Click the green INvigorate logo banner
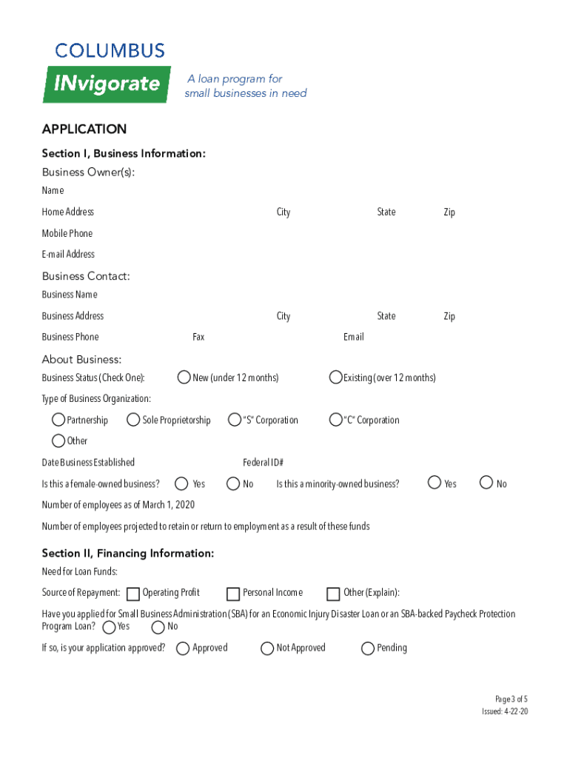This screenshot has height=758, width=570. (x=107, y=84)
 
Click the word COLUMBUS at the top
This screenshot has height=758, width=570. (x=110, y=51)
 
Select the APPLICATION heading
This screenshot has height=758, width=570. (x=84, y=130)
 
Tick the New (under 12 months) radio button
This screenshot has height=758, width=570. (x=184, y=378)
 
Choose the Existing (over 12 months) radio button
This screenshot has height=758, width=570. (x=335, y=378)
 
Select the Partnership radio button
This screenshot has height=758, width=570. (x=58, y=420)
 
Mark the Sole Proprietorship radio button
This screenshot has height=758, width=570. (x=133, y=420)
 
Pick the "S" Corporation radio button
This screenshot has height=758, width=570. (x=235, y=420)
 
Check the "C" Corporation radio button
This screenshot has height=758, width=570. (x=335, y=420)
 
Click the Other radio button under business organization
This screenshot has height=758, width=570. (x=58, y=440)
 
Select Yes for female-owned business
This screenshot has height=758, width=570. (x=181, y=483)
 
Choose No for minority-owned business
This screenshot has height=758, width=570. (x=486, y=483)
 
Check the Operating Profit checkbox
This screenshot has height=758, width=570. (x=133, y=594)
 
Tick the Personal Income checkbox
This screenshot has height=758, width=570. (x=233, y=594)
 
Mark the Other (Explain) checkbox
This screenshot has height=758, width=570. (x=333, y=594)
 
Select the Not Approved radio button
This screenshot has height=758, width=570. (x=267, y=648)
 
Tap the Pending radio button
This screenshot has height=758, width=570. (x=368, y=648)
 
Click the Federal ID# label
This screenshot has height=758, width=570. (x=264, y=463)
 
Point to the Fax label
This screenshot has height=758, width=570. (x=198, y=337)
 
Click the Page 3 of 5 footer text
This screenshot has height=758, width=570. (x=512, y=699)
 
